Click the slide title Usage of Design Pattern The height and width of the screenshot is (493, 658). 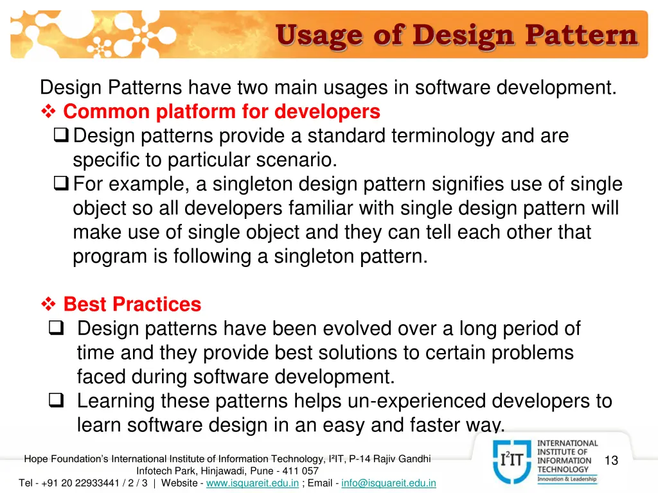coord(457,35)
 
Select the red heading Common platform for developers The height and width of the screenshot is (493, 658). coord(222,112)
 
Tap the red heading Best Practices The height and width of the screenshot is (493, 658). coord(132,304)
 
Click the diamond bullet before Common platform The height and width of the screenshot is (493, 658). coord(49,112)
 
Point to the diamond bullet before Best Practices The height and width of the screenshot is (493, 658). coord(49,304)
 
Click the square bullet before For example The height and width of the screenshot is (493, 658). coord(62,185)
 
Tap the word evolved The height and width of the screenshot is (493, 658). coord(357,329)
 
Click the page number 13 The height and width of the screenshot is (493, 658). coord(611,460)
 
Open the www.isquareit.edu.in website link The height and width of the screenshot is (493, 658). coord(252,483)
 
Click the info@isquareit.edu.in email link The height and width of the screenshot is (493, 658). coord(389,483)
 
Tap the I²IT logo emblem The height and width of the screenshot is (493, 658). coord(511,460)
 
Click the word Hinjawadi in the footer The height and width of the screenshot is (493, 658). coord(220,471)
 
